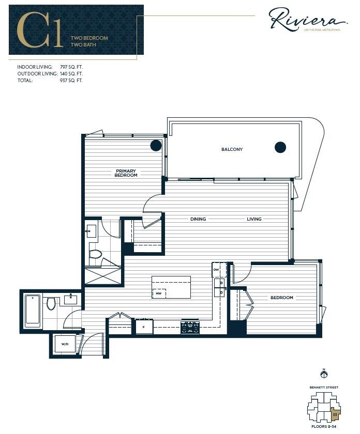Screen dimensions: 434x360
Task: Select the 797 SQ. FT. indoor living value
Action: [71, 67]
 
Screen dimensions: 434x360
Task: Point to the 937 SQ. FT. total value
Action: [71, 81]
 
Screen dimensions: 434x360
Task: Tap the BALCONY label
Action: [232, 149]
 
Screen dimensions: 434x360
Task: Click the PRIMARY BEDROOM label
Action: [126, 173]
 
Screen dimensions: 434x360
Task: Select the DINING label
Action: [198, 219]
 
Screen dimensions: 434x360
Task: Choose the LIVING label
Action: [254, 219]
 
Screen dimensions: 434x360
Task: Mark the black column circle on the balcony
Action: [280, 147]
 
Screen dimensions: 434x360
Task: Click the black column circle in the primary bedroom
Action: [156, 145]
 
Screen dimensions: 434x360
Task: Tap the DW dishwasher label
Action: [216, 270]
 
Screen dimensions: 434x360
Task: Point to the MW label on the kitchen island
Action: [158, 293]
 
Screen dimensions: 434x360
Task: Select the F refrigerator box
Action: [143, 327]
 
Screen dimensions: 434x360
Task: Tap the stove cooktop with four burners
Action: [190, 327]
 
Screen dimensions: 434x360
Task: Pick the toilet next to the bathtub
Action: [51, 303]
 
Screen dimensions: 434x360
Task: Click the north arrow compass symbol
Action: [324, 374]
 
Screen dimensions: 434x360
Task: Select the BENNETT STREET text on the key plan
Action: [324, 386]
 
